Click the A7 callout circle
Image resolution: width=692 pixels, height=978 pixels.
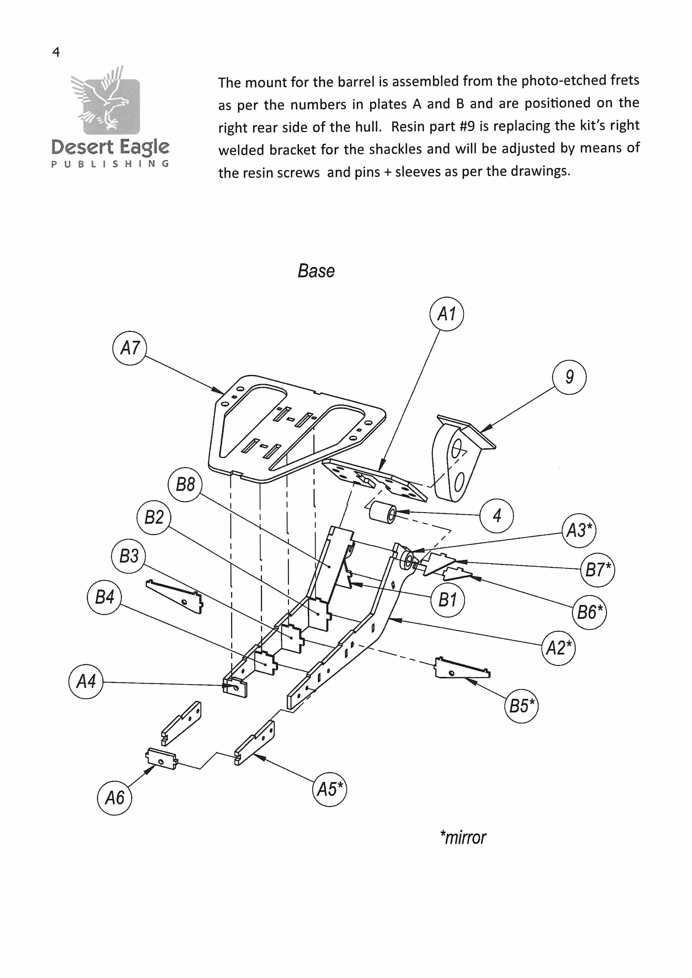click(x=129, y=348)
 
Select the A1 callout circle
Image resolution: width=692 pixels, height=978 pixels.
click(x=446, y=314)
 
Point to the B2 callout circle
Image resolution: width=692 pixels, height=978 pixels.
click(x=154, y=518)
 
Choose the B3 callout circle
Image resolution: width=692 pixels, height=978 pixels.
click(x=128, y=556)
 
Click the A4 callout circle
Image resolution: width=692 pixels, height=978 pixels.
click(x=86, y=682)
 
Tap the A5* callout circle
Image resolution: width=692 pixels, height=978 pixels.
click(x=329, y=789)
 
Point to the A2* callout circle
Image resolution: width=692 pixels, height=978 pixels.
click(x=558, y=648)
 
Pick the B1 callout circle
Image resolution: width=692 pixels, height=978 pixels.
click(x=447, y=600)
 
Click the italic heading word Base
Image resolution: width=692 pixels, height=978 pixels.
click(x=316, y=271)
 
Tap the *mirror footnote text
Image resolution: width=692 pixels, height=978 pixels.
click(x=463, y=838)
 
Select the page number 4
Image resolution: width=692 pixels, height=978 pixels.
click(x=56, y=52)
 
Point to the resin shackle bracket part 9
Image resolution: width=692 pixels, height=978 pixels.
click(x=456, y=460)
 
